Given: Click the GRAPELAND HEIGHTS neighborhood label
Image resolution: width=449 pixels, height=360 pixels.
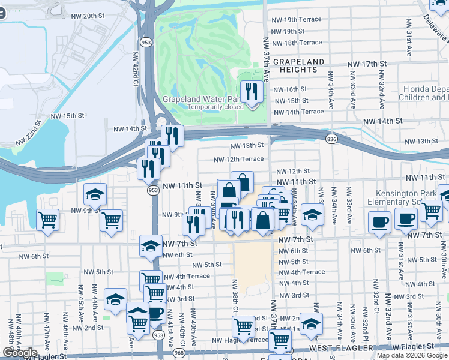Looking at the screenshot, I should click(298, 66).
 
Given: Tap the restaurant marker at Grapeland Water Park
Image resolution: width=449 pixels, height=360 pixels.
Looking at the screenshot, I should click(252, 92).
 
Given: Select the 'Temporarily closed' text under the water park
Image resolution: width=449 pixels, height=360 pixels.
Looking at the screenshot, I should click(215, 107).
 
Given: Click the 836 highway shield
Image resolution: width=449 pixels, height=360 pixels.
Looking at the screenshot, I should click(331, 139).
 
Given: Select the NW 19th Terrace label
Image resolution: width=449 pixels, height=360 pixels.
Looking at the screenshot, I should click(297, 20).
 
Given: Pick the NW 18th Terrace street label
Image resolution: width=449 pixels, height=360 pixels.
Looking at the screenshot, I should click(297, 43).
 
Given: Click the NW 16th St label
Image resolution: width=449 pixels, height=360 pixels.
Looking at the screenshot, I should click(291, 89).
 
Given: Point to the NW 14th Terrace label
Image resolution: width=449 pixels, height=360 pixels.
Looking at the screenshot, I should click(298, 112).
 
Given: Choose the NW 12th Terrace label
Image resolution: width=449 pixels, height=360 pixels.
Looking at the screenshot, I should click(240, 159).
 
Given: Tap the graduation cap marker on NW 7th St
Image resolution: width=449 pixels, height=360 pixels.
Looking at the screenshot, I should click(151, 245).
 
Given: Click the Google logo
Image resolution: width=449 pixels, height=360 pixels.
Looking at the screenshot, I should click(20, 353).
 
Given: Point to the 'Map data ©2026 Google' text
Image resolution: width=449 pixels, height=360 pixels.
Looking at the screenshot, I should click(412, 355).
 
